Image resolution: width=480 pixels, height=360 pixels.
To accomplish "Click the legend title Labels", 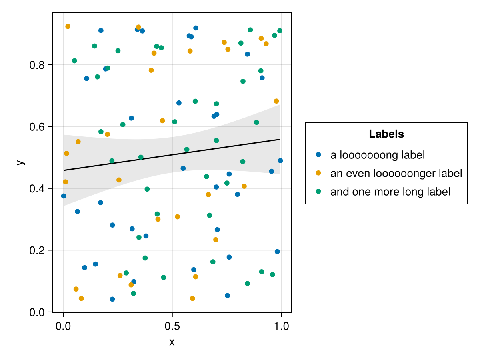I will (386, 134).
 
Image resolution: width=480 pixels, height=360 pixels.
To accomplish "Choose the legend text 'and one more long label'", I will (390, 192).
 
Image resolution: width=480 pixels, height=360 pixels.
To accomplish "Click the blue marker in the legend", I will (318, 154).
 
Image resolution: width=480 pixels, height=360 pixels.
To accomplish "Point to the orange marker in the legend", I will (318, 173).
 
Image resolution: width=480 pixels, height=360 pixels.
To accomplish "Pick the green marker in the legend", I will (318, 192).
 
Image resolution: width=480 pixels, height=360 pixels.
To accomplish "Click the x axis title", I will (172, 342).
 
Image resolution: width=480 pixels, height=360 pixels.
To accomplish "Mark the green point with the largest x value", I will (280, 31).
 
